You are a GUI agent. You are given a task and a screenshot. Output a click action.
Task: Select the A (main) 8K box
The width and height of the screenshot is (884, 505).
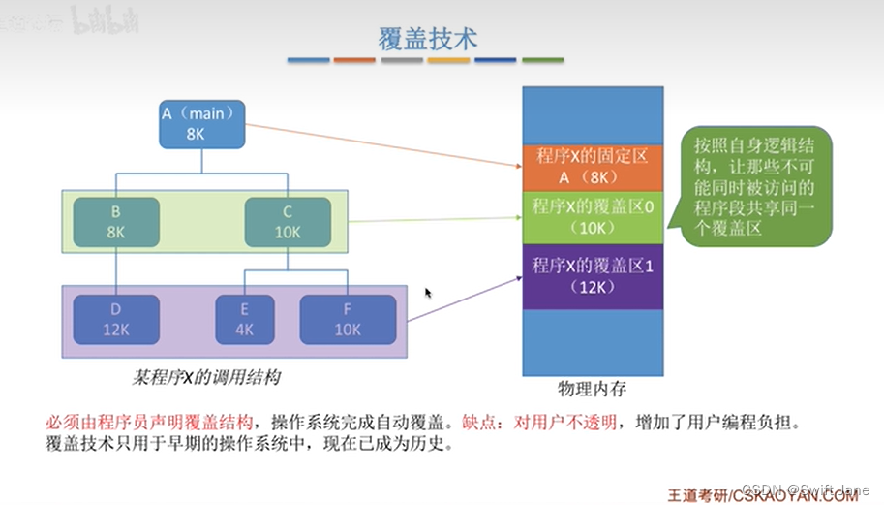point(202,124)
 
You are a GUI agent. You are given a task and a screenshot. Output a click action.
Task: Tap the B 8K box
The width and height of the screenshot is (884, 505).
point(115,221)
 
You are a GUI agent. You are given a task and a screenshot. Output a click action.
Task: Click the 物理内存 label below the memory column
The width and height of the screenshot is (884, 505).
point(592,389)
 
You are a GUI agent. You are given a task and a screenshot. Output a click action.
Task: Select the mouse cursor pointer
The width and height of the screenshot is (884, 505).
point(428,292)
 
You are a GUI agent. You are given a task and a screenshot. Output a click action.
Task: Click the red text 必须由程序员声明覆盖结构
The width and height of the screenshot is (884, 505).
point(150,424)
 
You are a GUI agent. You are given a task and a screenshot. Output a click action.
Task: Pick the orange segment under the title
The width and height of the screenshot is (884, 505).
point(354,60)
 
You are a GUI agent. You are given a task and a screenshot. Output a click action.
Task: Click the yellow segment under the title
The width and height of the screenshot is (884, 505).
point(448,60)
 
